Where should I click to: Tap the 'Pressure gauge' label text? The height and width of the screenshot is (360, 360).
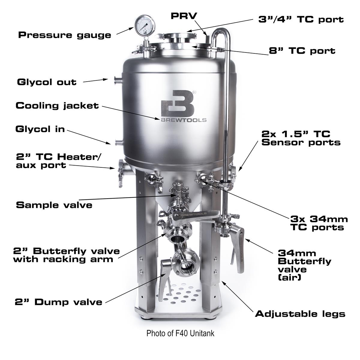tap(64, 35)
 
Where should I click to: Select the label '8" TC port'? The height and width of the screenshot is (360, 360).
tap(302, 50)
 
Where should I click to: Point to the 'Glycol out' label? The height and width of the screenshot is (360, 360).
tap(47, 82)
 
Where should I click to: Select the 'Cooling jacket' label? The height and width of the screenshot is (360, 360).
tap(57, 106)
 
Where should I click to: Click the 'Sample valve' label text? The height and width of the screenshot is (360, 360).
tap(54, 205)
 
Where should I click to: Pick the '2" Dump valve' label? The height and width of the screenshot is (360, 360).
tap(58, 302)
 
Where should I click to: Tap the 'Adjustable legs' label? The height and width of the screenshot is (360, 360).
tap(300, 314)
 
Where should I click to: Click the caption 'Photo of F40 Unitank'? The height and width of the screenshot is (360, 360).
tap(180, 333)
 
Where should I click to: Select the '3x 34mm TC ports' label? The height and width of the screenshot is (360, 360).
tap(319, 223)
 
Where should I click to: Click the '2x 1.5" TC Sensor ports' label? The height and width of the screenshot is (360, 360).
tap(301, 138)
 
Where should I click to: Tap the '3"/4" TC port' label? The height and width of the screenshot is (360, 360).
tap(301, 20)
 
